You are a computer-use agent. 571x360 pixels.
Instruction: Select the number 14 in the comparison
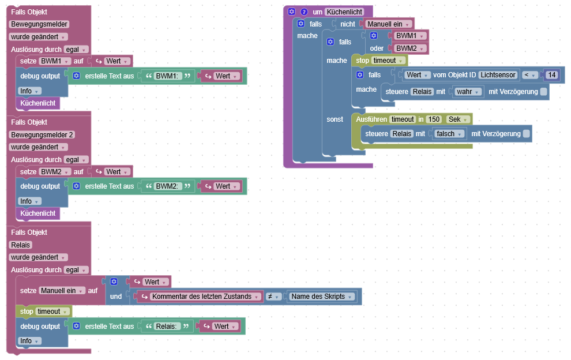(x=552, y=75)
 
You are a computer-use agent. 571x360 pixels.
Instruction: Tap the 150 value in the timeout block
(x=434, y=119)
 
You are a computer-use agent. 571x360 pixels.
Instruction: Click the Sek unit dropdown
(x=458, y=119)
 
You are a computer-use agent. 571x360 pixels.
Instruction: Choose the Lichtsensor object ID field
(x=497, y=75)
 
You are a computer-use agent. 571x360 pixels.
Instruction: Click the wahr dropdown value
(x=468, y=91)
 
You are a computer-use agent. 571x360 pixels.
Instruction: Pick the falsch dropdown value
(x=449, y=133)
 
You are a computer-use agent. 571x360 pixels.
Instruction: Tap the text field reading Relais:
(x=168, y=327)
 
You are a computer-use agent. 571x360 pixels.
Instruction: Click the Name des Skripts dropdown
(x=321, y=297)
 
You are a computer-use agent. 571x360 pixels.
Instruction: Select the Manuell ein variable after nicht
(x=389, y=24)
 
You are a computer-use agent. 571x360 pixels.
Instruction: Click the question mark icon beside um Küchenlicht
(x=304, y=12)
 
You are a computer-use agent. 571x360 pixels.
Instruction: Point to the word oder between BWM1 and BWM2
(x=377, y=48)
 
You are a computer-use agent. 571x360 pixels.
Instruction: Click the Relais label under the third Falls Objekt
(x=21, y=245)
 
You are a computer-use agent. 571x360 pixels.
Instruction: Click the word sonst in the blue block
(x=335, y=119)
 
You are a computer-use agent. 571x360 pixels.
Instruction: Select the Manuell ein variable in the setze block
(x=62, y=291)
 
